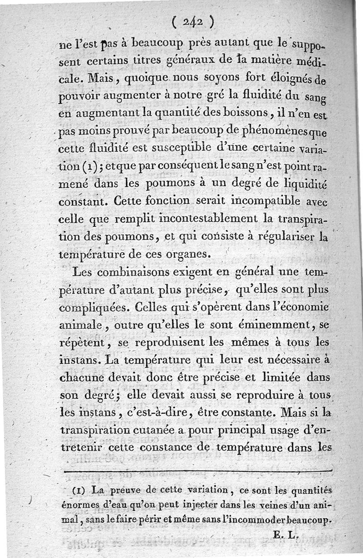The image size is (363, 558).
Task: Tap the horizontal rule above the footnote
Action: [198, 471]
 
